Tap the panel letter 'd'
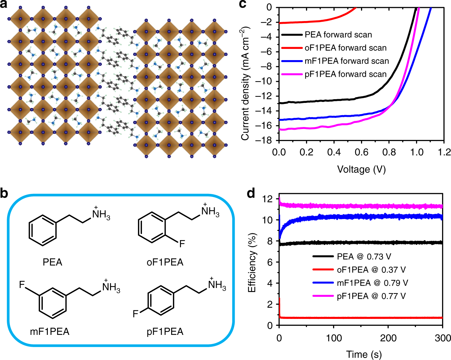251,194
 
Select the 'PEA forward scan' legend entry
338,35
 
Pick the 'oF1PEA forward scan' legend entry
345,48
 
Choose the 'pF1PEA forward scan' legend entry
345,74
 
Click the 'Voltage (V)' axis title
361,169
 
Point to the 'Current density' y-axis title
245,83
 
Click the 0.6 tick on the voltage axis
361,152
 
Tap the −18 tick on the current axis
266,140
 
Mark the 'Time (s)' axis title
364,354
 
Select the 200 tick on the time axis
388,338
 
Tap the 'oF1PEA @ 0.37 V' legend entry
371,270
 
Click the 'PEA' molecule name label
52,262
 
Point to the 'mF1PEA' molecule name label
50,331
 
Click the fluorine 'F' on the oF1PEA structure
182,244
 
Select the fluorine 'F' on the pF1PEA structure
136,313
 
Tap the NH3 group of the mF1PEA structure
111,288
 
